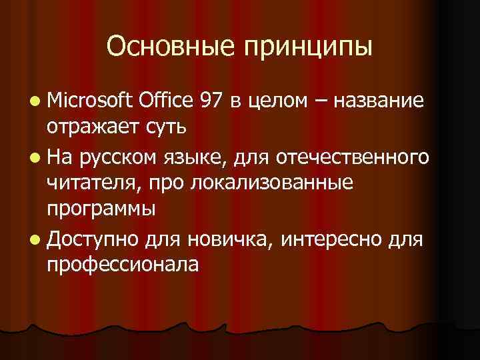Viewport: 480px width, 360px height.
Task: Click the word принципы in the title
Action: [x=309, y=48]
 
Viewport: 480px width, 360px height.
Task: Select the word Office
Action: [x=167, y=101]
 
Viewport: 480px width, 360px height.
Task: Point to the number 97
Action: [x=213, y=101]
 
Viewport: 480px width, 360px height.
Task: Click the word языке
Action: [x=194, y=157]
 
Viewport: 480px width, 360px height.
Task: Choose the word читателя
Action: [x=89, y=182]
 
